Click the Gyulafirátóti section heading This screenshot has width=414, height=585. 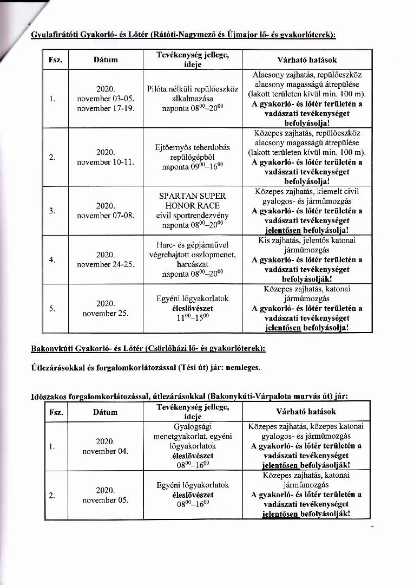183,35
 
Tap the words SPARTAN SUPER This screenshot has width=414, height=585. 192,196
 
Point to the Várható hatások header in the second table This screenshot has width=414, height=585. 306,412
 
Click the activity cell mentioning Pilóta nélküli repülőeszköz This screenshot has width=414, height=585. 192,99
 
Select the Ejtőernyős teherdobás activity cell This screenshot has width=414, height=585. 192,157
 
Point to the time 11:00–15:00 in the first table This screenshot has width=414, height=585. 192,318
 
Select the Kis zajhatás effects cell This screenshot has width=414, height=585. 306,259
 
